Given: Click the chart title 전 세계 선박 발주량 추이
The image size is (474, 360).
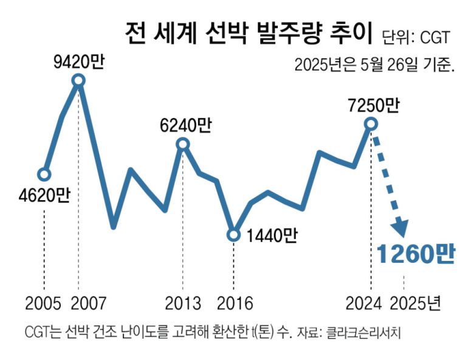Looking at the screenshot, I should click(x=249, y=35).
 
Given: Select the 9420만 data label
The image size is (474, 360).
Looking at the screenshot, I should click(x=78, y=62).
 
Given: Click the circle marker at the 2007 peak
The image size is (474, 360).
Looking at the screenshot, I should click(x=78, y=80).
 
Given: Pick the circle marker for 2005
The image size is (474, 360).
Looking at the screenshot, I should click(x=44, y=175).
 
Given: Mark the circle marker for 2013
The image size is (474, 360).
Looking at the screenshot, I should click(x=183, y=144).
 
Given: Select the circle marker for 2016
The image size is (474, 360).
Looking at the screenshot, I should click(x=234, y=235).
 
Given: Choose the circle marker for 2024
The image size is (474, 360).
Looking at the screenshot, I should click(x=371, y=124).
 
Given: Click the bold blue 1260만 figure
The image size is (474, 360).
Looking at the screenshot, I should click(x=415, y=254).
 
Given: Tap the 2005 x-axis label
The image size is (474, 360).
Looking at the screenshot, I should click(x=44, y=302).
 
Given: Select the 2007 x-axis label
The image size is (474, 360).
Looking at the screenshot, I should click(x=89, y=302).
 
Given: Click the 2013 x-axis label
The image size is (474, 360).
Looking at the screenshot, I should click(x=183, y=302).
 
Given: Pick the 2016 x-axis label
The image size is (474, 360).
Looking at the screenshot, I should click(x=234, y=302).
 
